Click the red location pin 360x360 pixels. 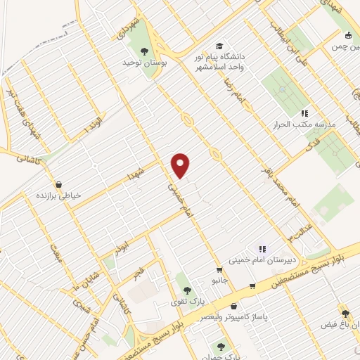[181, 165]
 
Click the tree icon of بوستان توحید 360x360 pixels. [144, 51]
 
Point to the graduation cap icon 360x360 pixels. [221, 46]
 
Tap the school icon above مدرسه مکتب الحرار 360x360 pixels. [304, 112]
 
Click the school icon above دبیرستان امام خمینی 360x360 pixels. [262, 248]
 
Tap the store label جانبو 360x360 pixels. [220, 280]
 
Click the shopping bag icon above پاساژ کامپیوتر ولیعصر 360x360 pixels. [233, 306]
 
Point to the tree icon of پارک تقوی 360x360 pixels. [186, 290]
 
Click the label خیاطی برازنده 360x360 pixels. [58, 195]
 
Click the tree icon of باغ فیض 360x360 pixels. [345, 314]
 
